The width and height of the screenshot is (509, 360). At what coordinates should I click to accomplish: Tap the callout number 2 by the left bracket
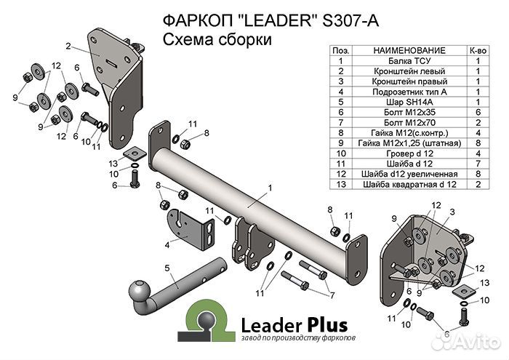[67, 47]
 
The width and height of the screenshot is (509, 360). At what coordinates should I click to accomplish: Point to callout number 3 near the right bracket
[452, 212]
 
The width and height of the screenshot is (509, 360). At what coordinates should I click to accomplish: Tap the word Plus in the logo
[321, 324]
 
